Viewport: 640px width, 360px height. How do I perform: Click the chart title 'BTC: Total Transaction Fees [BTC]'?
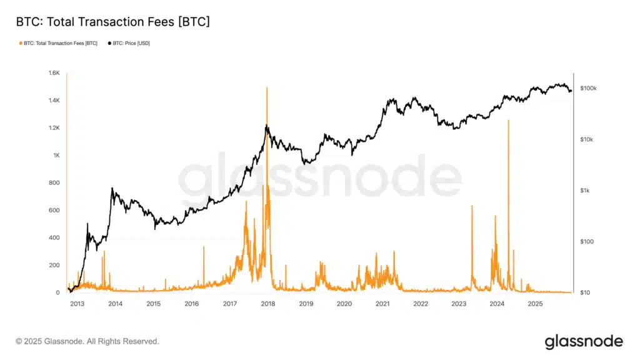click(x=112, y=22)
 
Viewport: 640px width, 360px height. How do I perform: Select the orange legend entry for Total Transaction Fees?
click(x=59, y=43)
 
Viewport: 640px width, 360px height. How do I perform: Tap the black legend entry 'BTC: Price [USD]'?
click(x=131, y=43)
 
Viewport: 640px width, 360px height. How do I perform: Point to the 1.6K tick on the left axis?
click(x=52, y=73)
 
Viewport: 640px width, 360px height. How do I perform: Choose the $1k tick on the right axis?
click(x=586, y=191)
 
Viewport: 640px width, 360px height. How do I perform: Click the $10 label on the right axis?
click(x=586, y=292)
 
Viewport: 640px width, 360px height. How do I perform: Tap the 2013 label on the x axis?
click(x=77, y=304)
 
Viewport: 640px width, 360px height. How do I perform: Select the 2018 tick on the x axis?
click(x=267, y=304)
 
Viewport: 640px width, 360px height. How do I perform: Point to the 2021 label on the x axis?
click(x=382, y=304)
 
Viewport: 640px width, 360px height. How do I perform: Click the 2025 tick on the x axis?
click(x=535, y=304)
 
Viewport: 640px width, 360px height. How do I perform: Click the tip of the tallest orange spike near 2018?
click(x=267, y=87)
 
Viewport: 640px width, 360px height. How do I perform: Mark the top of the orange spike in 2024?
click(x=508, y=120)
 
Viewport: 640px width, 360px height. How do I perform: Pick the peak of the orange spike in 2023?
click(x=472, y=206)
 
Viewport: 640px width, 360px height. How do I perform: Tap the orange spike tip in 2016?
click(x=204, y=247)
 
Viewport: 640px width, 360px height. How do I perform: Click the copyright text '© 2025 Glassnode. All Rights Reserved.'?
click(x=87, y=341)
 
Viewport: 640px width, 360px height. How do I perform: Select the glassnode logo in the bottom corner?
click(x=584, y=341)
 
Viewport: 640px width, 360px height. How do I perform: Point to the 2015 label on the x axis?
click(x=153, y=304)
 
